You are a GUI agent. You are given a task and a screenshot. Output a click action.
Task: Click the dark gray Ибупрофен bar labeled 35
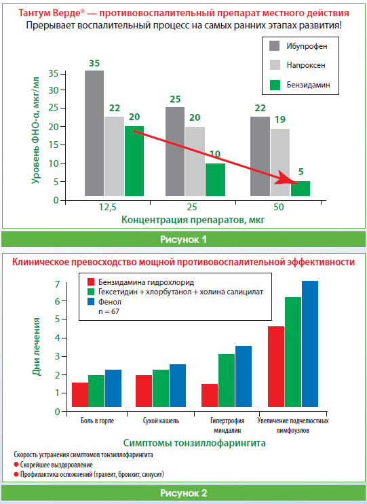click(94, 133)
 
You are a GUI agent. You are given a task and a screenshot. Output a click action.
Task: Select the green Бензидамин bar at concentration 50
click(301, 189)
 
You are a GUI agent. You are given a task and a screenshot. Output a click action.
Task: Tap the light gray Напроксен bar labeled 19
click(280, 162)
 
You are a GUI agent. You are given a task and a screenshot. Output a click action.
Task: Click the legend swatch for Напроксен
click(275, 65)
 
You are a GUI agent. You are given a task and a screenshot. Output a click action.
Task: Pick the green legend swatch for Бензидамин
click(275, 85)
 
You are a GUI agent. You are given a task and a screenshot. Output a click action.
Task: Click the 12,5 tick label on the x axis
click(107, 208)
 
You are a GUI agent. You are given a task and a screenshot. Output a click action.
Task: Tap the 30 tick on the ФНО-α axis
click(54, 90)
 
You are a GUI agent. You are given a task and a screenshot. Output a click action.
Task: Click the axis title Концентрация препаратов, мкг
click(193, 220)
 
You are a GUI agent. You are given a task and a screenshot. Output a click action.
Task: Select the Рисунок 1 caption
click(183, 239)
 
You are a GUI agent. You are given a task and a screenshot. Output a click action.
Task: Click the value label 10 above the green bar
click(214, 154)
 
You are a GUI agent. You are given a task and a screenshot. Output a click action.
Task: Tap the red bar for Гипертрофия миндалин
click(210, 395)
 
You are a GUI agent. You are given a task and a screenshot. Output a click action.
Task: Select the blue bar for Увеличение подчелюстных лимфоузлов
click(310, 344)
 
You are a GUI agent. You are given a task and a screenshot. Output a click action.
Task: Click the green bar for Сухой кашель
click(161, 388)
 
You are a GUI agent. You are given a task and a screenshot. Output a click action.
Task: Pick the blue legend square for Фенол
click(91, 301)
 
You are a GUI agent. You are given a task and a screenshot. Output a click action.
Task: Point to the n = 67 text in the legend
click(109, 311)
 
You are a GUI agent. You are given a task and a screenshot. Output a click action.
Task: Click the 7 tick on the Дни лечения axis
click(58, 284)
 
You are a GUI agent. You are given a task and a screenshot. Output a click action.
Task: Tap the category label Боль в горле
click(97, 421)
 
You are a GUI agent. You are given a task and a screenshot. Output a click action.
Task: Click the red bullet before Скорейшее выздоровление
click(16, 465)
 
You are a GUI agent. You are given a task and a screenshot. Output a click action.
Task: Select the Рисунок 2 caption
click(183, 493)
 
